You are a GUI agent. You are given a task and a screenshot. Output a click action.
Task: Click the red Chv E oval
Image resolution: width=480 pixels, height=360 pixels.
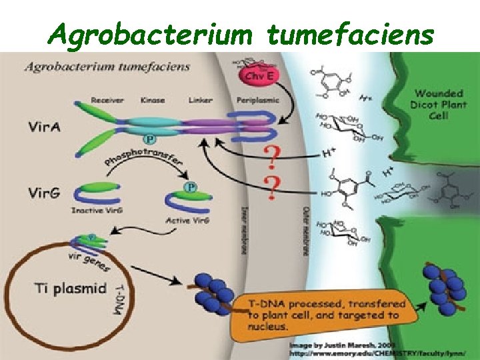pyautogui.click(x=259, y=75)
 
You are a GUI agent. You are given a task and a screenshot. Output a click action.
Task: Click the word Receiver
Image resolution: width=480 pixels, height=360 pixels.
pyautogui.click(x=107, y=101)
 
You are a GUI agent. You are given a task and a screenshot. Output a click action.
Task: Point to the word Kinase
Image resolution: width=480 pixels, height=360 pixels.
pyautogui.click(x=153, y=101)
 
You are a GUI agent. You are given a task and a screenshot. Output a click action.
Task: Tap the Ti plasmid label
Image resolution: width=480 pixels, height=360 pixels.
pyautogui.click(x=70, y=289)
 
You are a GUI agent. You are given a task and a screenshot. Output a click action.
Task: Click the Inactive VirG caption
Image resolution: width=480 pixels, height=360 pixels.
pyautogui.click(x=96, y=211)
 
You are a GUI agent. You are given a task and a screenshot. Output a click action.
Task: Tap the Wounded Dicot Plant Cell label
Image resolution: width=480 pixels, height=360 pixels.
pyautogui.click(x=439, y=105)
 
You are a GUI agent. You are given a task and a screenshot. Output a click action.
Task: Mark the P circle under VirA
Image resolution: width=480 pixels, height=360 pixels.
pyautogui.click(x=151, y=139)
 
